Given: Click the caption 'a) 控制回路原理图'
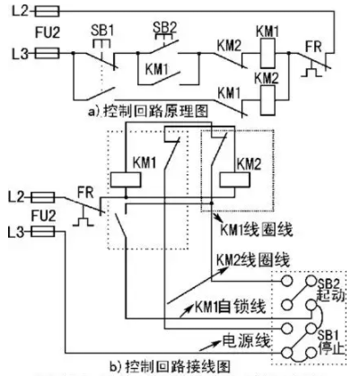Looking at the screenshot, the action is [148, 111].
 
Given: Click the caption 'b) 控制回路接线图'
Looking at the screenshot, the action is [170, 367].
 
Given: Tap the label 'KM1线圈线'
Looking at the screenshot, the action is [257, 230].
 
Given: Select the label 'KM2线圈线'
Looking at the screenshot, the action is [253, 260].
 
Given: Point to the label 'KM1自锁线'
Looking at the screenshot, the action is [231, 307].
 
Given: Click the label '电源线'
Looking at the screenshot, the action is [246, 341].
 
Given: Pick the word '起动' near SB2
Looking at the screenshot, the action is [330, 295].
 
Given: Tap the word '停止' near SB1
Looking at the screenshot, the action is [331, 348].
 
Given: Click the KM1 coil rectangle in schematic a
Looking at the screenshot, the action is [268, 54].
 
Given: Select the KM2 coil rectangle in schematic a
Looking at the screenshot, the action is [268, 101].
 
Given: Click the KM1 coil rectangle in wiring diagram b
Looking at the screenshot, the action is [126, 180].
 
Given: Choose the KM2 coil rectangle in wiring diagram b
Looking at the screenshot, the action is [234, 180].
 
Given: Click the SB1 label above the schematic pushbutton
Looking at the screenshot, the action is [102, 31].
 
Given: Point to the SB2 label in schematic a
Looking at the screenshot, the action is [165, 28].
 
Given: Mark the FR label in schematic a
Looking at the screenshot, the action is [313, 47].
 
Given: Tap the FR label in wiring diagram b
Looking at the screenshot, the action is [85, 193].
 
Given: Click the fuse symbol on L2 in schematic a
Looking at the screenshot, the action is [48, 12].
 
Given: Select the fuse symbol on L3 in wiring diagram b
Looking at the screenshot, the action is [43, 232].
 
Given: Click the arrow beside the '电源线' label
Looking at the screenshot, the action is [210, 345].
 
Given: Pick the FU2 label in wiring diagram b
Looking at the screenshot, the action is [43, 215].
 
